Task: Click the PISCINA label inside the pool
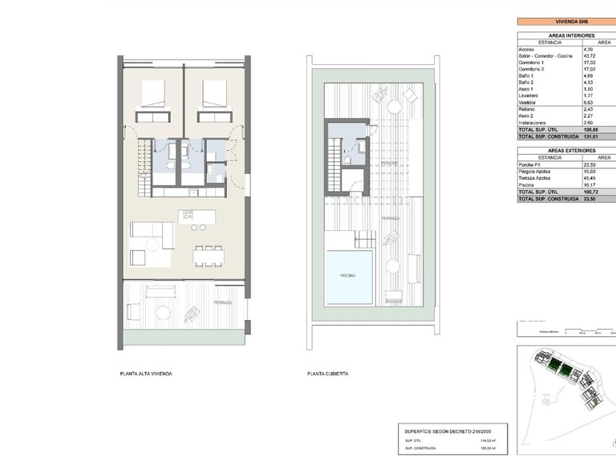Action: tap(348, 275)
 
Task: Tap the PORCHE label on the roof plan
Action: tap(391, 163)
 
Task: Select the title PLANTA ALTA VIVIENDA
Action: tap(145, 374)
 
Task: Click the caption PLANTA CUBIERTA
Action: tap(327, 374)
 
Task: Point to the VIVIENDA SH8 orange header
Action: tap(561, 24)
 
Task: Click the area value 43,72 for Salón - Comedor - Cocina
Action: tap(591, 55)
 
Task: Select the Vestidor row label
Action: tap(527, 103)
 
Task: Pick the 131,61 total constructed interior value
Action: tap(593, 136)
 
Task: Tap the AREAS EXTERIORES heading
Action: tap(561, 151)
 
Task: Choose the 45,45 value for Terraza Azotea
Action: tap(592, 178)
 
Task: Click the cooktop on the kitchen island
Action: tap(188, 214)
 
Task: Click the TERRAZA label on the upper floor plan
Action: tap(222, 303)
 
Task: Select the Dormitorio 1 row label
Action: tap(531, 62)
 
